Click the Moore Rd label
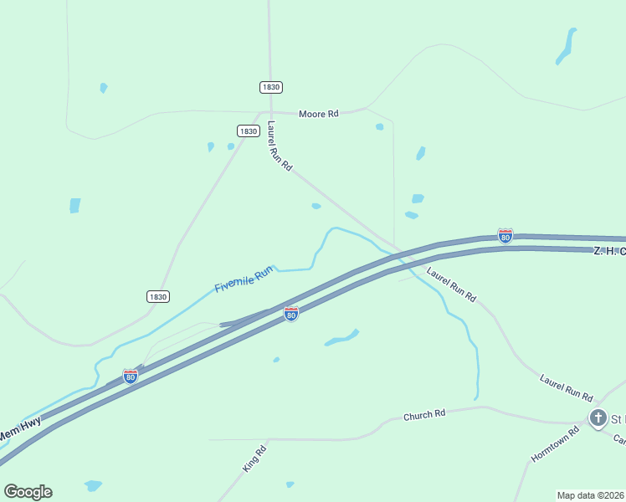point(319,113)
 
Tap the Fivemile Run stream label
point(244,279)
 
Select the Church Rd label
point(424,414)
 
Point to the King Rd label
point(254,459)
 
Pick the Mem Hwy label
point(18,433)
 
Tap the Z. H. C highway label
point(609,250)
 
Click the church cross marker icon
point(598,417)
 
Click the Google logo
point(28,492)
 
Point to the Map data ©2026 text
point(591,495)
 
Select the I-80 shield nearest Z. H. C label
point(505,236)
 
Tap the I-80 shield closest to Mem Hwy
point(130,376)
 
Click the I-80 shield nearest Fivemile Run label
point(290,314)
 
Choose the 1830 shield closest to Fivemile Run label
point(157,296)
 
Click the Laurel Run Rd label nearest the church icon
point(566,387)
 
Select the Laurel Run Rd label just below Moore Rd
point(280,147)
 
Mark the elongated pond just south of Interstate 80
point(341,338)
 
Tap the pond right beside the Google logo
point(93,485)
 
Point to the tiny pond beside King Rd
point(290,484)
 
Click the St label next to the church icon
point(618,418)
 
